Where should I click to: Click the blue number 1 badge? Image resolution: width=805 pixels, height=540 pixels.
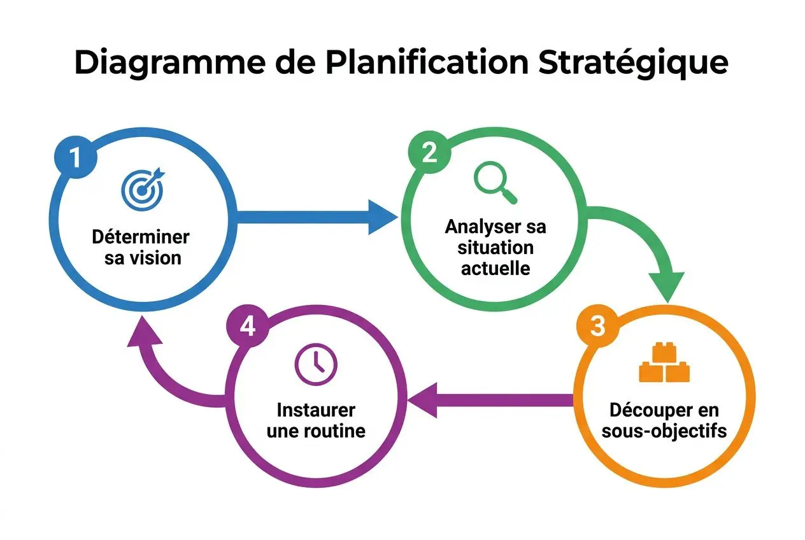76,157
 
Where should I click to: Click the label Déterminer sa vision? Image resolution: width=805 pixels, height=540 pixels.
141,247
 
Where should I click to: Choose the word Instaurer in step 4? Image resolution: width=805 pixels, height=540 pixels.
317,409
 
